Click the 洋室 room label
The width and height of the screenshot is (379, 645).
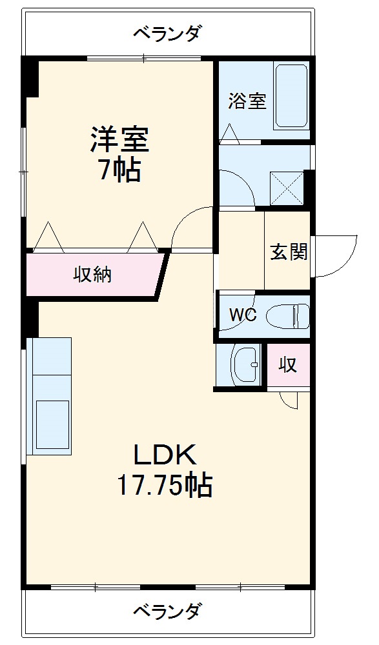coord(120,139)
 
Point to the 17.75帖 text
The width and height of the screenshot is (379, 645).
coord(165,486)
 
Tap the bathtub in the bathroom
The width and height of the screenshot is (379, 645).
coord(291,96)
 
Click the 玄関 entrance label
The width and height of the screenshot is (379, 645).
coord(289,251)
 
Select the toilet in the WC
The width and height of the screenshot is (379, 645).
coord(288,316)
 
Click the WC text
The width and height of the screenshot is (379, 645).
coord(243,315)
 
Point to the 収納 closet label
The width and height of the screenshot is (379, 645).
coord(93,274)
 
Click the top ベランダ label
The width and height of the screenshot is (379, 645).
coord(168,33)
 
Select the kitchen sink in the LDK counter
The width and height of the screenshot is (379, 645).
coord(52,425)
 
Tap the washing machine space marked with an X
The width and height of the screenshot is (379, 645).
coord(287,188)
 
